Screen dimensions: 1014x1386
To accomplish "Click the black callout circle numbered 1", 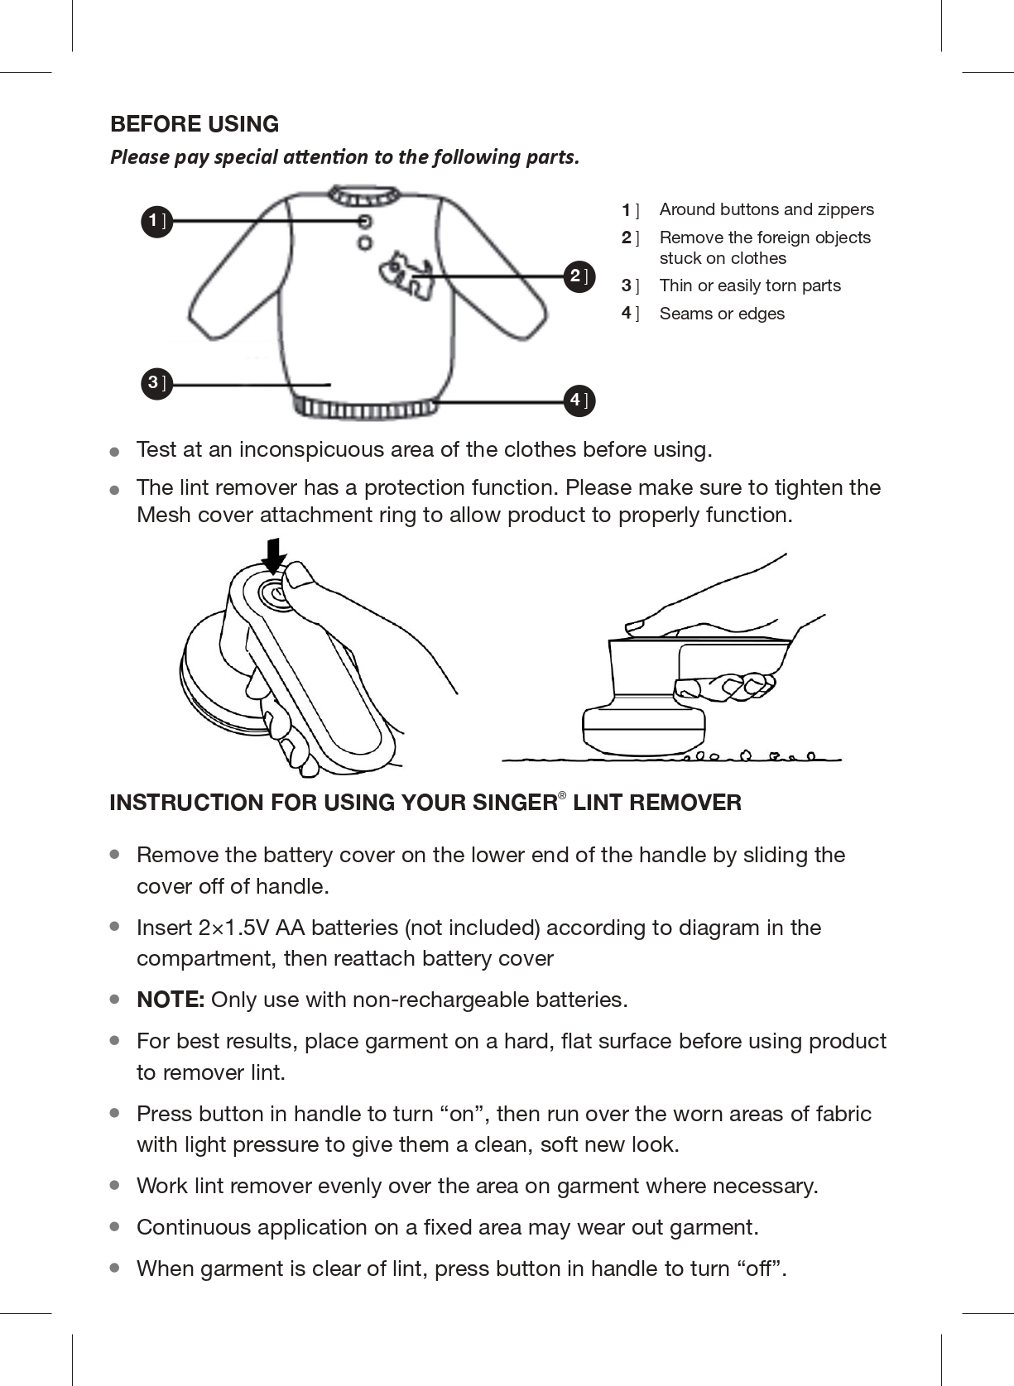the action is [x=156, y=222].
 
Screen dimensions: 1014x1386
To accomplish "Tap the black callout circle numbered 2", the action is [x=579, y=276].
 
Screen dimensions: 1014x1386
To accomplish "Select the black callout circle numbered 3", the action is [x=156, y=384].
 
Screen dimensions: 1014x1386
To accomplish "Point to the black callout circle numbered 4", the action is [x=579, y=400].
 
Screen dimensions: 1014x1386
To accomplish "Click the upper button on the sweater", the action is [x=365, y=221].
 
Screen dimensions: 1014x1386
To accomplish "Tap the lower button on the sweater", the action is [x=365, y=243].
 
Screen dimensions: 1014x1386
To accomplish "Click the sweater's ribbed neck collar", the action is [x=364, y=195].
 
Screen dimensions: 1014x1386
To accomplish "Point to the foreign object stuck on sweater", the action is [x=406, y=276].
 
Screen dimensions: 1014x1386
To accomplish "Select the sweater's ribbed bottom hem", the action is [x=364, y=407].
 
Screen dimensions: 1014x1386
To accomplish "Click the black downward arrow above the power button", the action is [x=273, y=555].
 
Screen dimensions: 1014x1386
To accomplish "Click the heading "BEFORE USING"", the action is [x=195, y=124].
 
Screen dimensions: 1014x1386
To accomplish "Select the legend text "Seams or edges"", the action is [x=722, y=314].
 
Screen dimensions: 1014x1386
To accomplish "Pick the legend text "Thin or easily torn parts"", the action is [x=750, y=285].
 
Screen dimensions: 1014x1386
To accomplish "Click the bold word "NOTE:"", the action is [x=171, y=1000].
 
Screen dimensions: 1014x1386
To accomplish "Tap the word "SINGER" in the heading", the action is [x=515, y=803].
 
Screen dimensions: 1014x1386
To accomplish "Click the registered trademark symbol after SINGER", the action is [x=562, y=795].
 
